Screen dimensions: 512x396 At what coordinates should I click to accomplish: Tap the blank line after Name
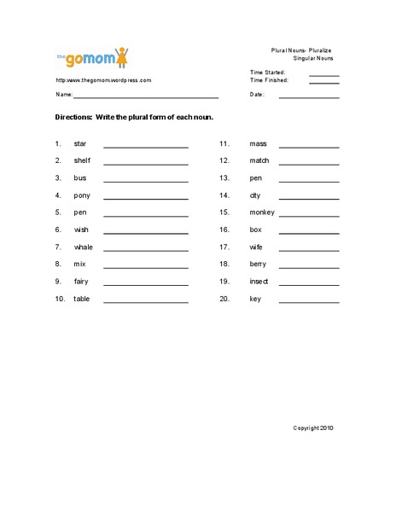(x=146, y=96)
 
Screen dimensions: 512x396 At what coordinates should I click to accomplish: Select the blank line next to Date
(x=308, y=96)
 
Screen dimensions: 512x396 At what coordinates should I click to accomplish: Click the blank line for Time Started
(x=323, y=74)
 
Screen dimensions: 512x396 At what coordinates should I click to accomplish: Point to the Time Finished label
(x=269, y=80)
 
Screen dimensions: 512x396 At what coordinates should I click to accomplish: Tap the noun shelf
(x=82, y=160)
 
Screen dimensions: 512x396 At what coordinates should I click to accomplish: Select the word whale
(x=84, y=247)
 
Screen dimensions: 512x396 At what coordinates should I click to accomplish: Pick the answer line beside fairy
(x=145, y=283)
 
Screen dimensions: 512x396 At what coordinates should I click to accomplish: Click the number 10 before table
(x=59, y=299)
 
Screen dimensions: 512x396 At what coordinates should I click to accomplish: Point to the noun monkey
(x=262, y=212)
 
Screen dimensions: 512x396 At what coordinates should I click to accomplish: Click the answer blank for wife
(x=308, y=248)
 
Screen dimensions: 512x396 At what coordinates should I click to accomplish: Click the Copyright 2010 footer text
(x=313, y=428)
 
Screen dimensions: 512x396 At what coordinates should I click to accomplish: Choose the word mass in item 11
(x=258, y=143)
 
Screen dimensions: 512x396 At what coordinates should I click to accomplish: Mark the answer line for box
(x=308, y=231)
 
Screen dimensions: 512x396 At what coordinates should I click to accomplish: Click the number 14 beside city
(x=225, y=195)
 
